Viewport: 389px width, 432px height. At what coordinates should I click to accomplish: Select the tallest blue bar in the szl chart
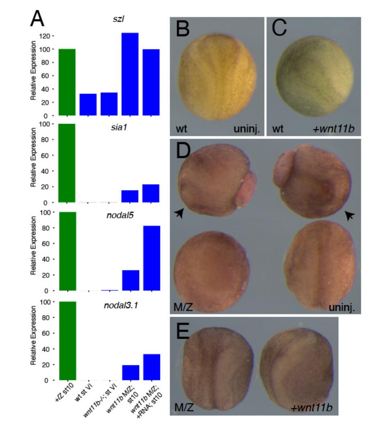(x=130, y=74)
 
